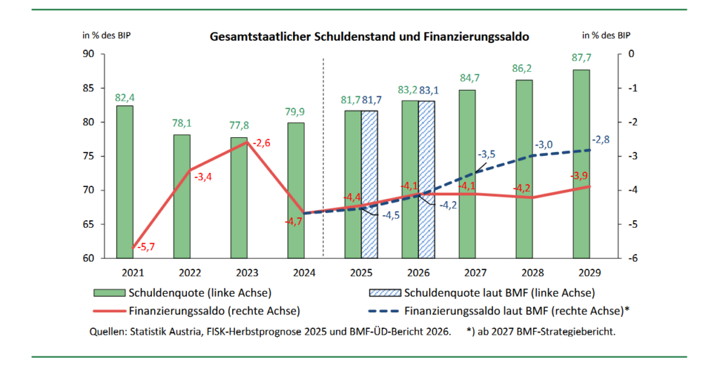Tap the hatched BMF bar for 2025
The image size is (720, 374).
[x=370, y=184]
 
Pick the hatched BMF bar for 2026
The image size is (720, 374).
[x=427, y=179]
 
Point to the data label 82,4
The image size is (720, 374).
[x=124, y=96]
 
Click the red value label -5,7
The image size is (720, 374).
[x=147, y=247]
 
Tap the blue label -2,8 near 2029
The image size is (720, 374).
[x=599, y=140]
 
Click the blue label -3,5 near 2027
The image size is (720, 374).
[x=487, y=153]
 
